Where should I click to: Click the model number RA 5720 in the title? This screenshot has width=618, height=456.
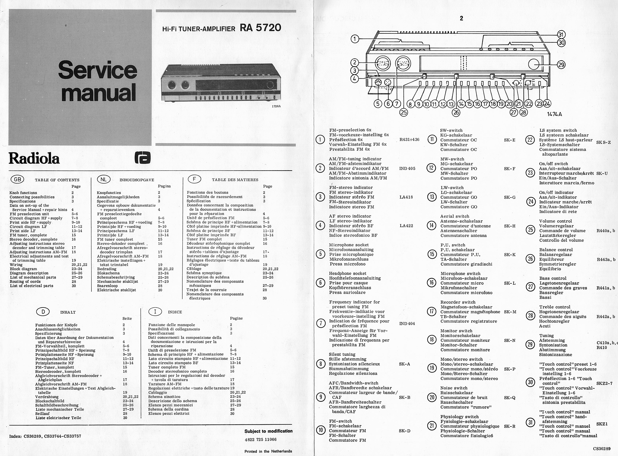260,28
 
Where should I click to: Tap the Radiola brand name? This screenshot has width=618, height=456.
34,159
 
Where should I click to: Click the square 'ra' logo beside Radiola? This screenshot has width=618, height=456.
143,158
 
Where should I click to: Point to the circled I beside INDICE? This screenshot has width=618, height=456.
155,312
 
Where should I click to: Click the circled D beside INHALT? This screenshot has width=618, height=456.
43,312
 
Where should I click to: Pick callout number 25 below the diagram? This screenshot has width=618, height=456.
403,112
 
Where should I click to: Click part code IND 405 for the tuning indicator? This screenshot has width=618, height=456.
407,168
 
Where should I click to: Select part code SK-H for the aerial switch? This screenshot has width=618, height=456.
509,226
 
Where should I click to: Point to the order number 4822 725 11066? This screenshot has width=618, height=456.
260,439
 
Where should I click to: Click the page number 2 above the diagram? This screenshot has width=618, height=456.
461,18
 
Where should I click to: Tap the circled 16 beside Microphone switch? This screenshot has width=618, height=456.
432,283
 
